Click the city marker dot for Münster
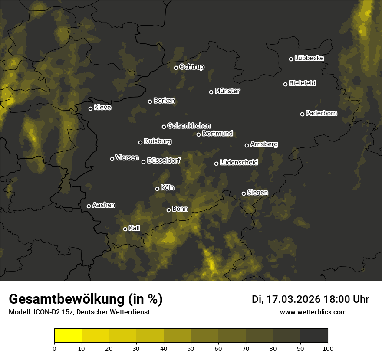point(211,92)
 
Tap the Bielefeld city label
point(302,83)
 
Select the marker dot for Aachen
point(89,206)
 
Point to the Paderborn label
point(321,113)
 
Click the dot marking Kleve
point(91,108)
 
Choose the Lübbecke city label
point(309,58)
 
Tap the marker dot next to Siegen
point(244,193)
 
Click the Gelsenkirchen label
point(189,126)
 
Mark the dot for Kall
point(125,229)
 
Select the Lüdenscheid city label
point(239,163)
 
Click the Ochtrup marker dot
point(176,68)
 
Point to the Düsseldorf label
point(164,160)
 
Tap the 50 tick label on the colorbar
point(191,348)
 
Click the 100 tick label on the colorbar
point(328,348)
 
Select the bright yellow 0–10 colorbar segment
point(68,336)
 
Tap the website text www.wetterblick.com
point(313,312)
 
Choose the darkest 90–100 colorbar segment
point(314,336)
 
